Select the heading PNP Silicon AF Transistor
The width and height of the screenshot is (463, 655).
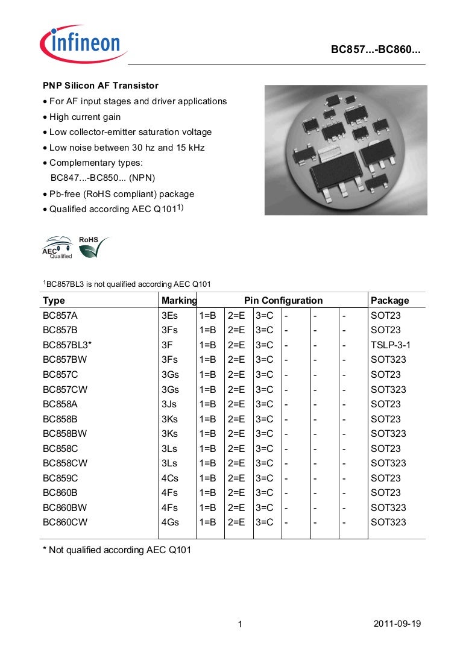pyautogui.click(x=100, y=86)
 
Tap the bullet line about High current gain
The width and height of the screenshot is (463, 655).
pyautogui.click(x=84, y=117)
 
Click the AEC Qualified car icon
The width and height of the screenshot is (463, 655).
pyautogui.click(x=58, y=247)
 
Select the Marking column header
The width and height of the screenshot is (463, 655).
pyautogui.click(x=179, y=300)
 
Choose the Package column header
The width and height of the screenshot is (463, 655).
pyautogui.click(x=389, y=300)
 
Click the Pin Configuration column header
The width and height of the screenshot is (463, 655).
pyautogui.click(x=283, y=300)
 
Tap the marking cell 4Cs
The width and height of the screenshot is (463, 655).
pyautogui.click(x=170, y=478)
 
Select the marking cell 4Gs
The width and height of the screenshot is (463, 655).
pyautogui.click(x=170, y=522)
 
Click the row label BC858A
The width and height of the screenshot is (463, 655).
pyautogui.click(x=60, y=404)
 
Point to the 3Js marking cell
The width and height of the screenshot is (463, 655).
pyautogui.click(x=169, y=404)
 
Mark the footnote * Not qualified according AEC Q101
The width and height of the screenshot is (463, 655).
pyautogui.click(x=117, y=550)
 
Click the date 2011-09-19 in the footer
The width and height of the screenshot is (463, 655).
pyautogui.click(x=397, y=623)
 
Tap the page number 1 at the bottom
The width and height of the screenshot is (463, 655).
pyautogui.click(x=239, y=625)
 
